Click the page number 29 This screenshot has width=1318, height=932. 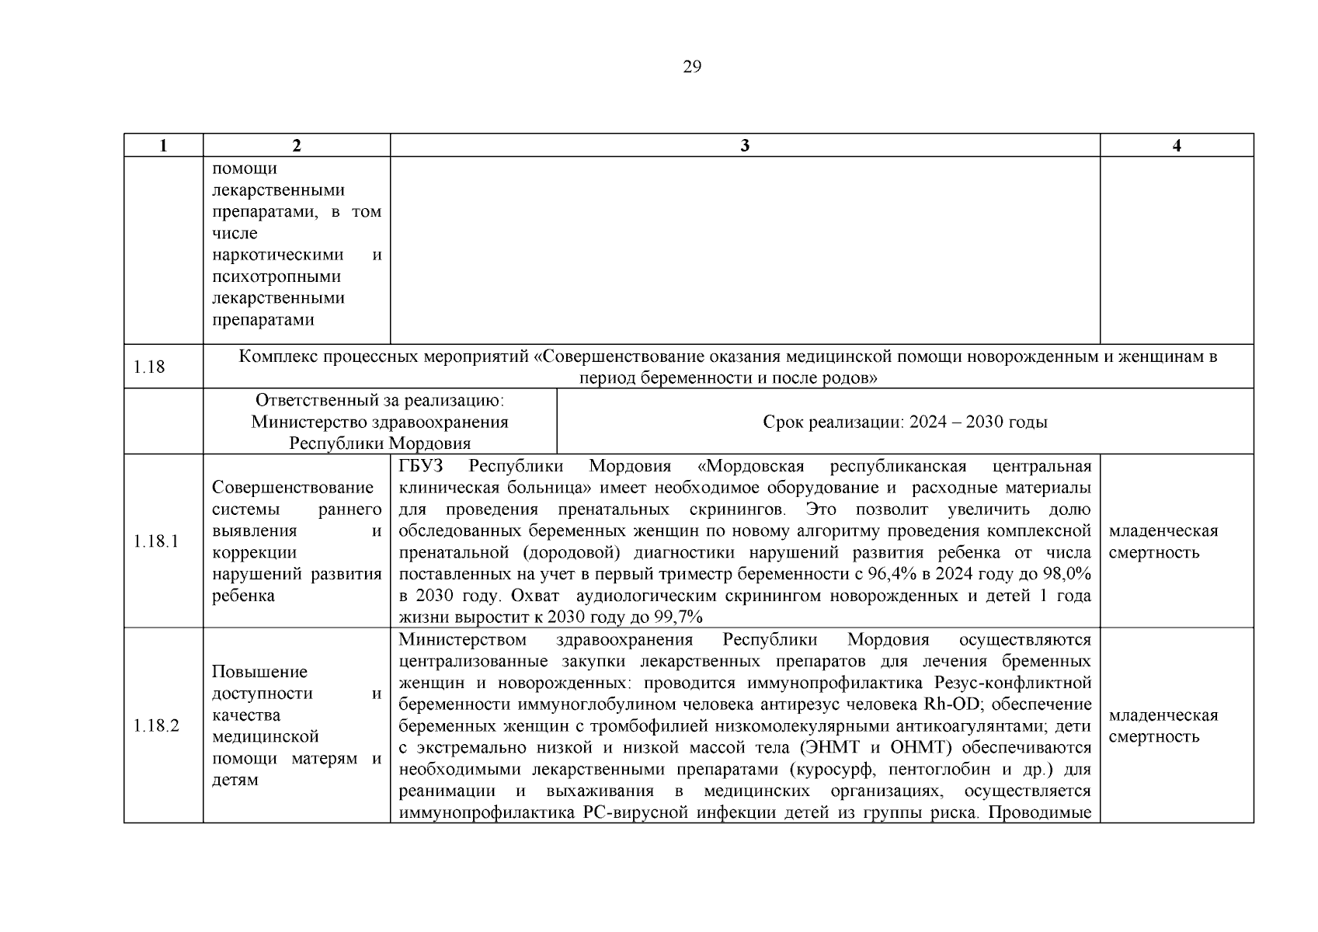coord(691,67)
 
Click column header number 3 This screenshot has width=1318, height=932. coord(745,146)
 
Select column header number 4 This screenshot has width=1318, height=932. coord(1177,146)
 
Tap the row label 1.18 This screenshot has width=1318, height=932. coord(149,367)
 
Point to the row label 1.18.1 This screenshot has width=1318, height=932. coord(155,541)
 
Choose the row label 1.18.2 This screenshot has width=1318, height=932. coord(155,725)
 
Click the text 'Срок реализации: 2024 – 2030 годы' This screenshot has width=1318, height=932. coord(905,422)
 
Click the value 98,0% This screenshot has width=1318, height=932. coord(1066,575)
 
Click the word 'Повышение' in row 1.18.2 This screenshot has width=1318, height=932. coord(259,672)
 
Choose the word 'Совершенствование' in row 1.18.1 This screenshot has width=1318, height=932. coord(292,488)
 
